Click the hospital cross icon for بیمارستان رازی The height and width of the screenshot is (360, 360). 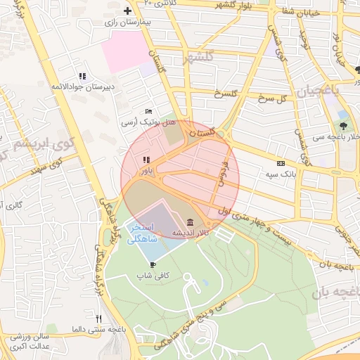pos(127,11)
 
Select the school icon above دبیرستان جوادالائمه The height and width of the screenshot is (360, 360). pos(82,76)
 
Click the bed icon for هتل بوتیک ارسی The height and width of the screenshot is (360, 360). pos(148,112)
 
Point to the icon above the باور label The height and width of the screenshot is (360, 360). pos(146,160)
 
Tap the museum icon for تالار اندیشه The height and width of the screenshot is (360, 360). pos(190,223)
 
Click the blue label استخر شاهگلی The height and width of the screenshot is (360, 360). pos(145,234)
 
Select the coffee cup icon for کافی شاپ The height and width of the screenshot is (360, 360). pos(153,265)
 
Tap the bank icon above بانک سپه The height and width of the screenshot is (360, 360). pos(281,163)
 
